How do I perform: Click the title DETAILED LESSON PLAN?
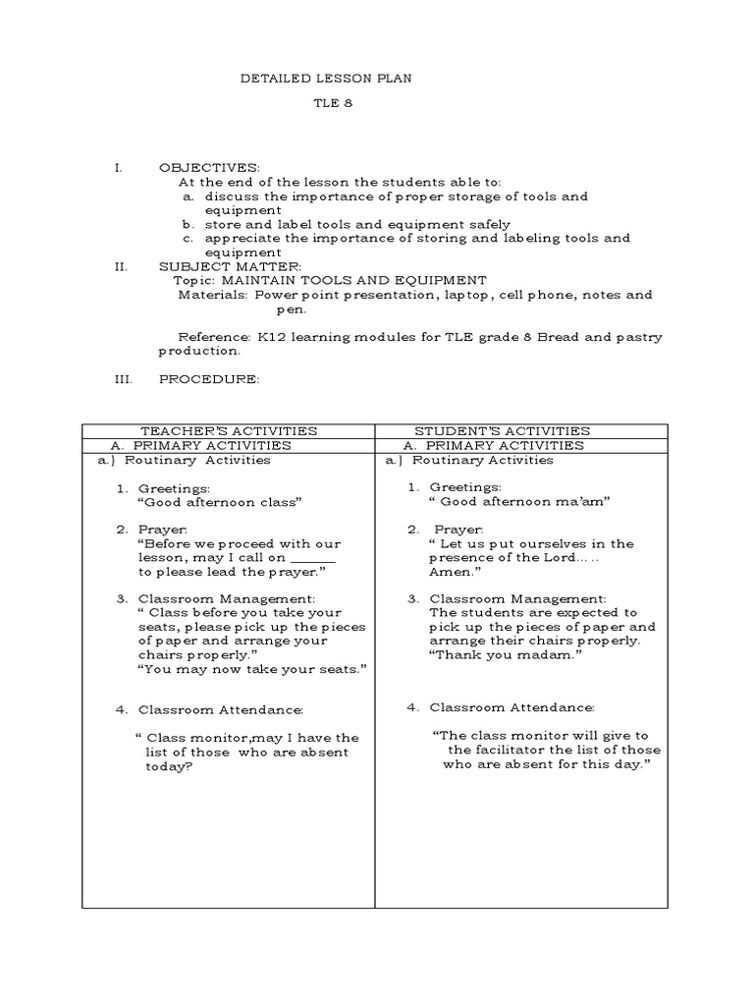point(326,79)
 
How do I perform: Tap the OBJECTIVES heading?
point(209,168)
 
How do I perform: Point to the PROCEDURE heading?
point(209,379)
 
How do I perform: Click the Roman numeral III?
point(123,379)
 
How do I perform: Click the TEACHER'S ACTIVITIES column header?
point(229,430)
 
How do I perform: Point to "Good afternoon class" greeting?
point(219,502)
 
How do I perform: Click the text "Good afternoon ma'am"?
point(520,502)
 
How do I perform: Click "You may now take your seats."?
point(252,668)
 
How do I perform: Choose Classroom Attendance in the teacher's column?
point(221,709)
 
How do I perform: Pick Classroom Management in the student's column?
point(517,598)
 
